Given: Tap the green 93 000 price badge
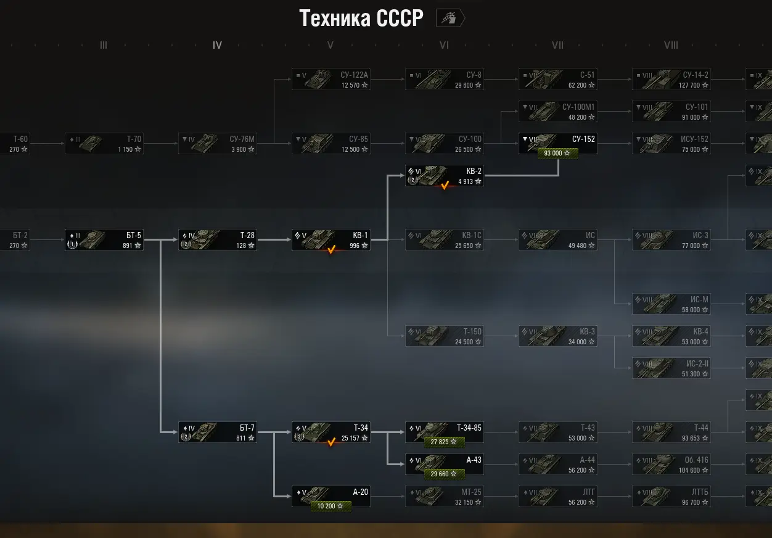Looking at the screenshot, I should (x=557, y=153).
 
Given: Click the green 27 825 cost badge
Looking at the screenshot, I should (x=444, y=442).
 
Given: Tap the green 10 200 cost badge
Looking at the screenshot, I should (x=331, y=506).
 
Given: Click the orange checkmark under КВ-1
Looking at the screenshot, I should (x=331, y=250).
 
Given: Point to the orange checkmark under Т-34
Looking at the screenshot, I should (x=331, y=442).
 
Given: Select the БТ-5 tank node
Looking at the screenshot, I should (x=104, y=239).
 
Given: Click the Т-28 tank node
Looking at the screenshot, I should (x=217, y=239).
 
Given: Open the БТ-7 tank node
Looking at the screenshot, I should (x=217, y=432).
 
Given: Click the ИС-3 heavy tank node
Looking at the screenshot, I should (x=671, y=239).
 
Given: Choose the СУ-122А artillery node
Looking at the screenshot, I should (x=331, y=80).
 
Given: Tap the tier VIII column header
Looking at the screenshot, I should (x=671, y=45).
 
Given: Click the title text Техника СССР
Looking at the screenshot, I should (x=361, y=19).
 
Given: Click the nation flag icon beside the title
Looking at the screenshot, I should (x=450, y=19).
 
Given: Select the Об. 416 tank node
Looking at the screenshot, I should (x=671, y=464).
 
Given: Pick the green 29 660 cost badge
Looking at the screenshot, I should (x=444, y=474).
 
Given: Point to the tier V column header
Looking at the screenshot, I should (x=331, y=45).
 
